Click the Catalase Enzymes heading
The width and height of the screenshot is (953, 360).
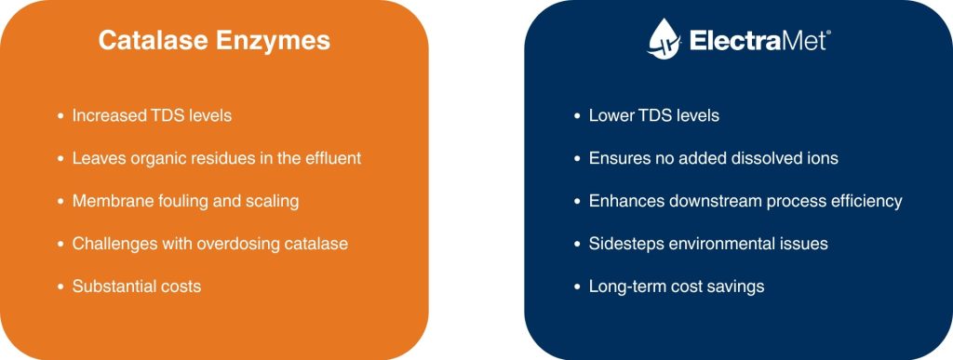[214, 41]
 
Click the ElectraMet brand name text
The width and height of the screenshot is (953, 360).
[758, 41]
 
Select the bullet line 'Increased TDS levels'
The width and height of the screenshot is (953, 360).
[152, 116]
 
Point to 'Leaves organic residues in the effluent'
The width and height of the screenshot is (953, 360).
[217, 158]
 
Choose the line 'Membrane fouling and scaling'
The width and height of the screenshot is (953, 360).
[185, 201]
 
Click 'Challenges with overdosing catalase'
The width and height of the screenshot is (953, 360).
[210, 244]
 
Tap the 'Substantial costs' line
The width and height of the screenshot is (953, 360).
[137, 286]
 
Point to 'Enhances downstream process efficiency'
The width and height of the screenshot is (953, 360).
[745, 201]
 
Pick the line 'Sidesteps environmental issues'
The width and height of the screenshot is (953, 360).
[708, 244]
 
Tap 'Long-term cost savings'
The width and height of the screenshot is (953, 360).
[677, 286]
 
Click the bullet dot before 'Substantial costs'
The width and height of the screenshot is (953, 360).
[60, 287]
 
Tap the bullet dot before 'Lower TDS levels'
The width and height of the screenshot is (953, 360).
[577, 117]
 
